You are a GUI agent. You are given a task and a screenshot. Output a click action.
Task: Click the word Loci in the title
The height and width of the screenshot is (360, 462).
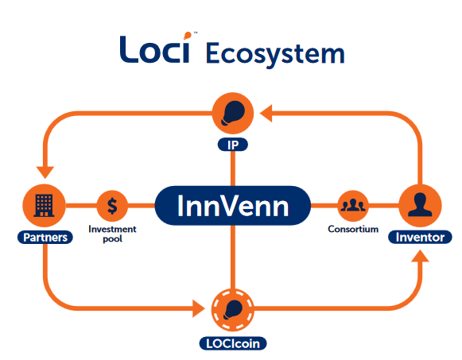tap(155, 49)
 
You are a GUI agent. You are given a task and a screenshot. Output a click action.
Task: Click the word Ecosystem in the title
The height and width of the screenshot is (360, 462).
tap(275, 54)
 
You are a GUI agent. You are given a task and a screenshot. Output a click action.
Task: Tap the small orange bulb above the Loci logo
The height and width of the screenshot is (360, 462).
tap(188, 36)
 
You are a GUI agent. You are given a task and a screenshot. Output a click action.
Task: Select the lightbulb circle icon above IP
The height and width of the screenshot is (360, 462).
tap(233, 113)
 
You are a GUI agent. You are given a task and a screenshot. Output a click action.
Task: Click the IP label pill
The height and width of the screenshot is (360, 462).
tap(233, 145)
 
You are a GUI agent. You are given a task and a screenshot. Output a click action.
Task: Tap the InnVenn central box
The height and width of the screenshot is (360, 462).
tap(233, 206)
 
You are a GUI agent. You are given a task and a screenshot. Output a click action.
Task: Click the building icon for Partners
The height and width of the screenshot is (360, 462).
tap(45, 206)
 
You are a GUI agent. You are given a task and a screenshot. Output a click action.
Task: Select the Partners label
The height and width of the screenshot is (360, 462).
tap(45, 238)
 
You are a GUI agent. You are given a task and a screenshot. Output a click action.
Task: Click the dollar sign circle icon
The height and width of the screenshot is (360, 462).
tap(112, 206)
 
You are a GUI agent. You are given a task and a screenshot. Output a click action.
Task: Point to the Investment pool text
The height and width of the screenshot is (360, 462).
tap(112, 234)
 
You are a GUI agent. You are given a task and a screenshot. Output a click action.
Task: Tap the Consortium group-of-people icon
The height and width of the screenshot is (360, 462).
tap(353, 206)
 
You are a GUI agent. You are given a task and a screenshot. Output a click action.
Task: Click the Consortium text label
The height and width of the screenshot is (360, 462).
tap(353, 229)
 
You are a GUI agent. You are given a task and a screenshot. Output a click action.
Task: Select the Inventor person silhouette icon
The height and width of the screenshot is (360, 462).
tap(420, 206)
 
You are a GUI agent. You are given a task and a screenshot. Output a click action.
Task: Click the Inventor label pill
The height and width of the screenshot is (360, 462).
tap(420, 237)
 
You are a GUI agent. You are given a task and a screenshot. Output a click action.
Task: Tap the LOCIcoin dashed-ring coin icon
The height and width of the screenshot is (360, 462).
tap(233, 310)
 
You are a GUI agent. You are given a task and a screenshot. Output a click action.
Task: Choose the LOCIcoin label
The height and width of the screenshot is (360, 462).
tap(233, 343)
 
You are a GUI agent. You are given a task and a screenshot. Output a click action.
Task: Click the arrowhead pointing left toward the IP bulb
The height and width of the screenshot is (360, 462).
tap(266, 114)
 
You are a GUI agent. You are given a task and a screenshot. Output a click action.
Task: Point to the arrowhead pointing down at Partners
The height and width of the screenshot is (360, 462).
tap(45, 172)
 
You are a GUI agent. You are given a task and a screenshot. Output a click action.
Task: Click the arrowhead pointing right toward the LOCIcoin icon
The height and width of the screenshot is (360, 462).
tap(199, 308)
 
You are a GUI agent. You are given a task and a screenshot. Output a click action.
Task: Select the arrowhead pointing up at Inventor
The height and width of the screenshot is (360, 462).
tap(420, 256)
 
